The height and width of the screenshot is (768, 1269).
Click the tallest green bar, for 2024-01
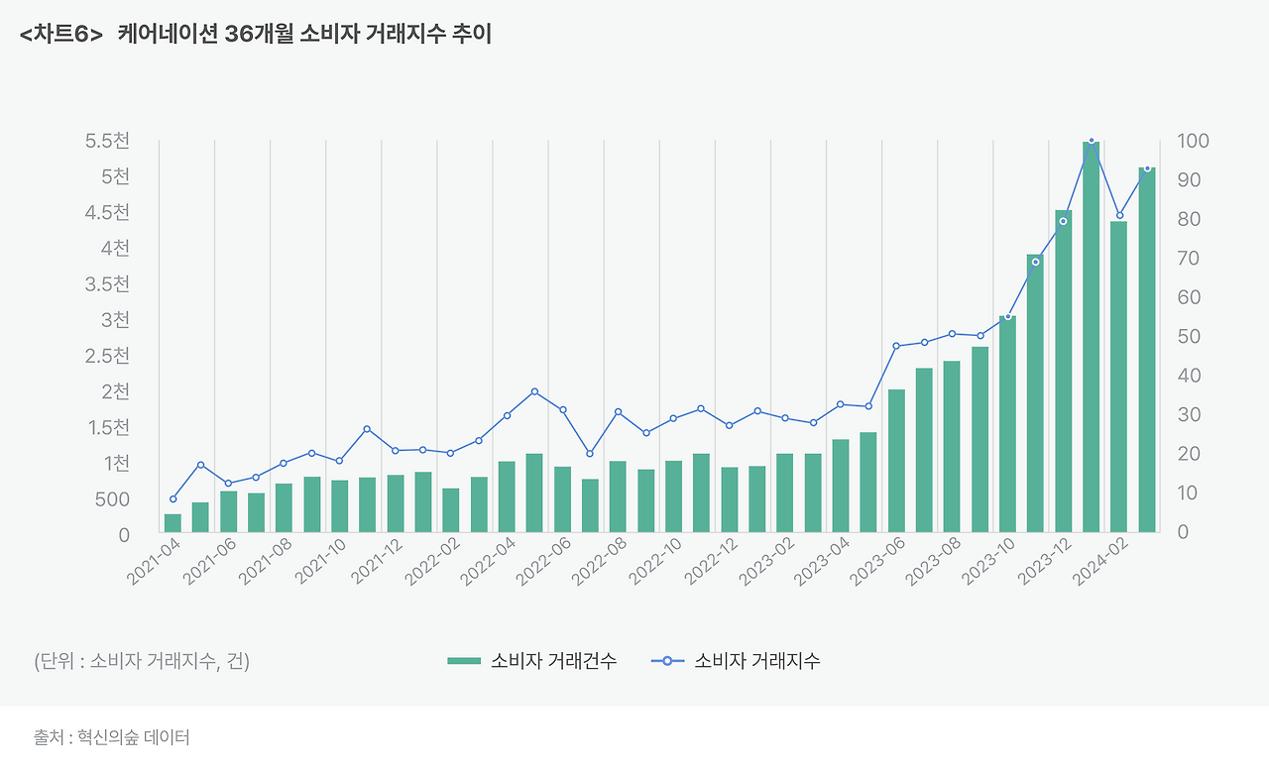[1091, 337]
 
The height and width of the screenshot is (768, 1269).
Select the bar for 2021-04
[173, 523]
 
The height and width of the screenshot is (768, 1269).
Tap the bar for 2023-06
[896, 461]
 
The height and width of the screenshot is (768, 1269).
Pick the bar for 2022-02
[451, 510]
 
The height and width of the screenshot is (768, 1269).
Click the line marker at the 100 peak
[1091, 141]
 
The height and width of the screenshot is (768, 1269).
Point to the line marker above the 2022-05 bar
[534, 391]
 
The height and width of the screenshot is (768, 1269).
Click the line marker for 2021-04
[173, 498]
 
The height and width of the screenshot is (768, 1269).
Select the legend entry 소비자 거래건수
[531, 661]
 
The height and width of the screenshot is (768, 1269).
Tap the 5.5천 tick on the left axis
[107, 141]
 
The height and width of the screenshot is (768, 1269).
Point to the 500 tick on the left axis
[112, 499]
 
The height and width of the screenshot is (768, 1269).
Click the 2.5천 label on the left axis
[107, 356]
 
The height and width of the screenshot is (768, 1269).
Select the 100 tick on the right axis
[1193, 141]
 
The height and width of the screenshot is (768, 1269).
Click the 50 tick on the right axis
[1189, 337]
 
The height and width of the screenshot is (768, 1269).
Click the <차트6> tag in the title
[60, 35]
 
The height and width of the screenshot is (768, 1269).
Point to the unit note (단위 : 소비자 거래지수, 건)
[142, 661]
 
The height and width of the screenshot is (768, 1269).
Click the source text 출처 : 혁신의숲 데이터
[111, 738]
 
